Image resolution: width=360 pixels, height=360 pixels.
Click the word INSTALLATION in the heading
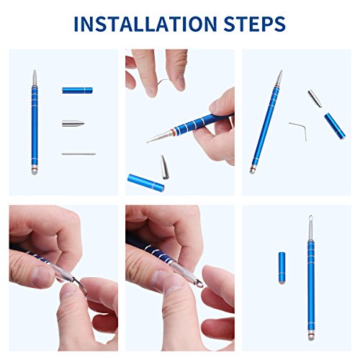(145, 24)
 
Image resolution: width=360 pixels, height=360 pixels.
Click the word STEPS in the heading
(255, 24)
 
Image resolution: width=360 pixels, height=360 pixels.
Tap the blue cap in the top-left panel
(77, 90)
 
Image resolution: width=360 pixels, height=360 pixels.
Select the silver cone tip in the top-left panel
(73, 123)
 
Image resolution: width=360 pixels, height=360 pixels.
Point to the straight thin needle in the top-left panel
(78, 154)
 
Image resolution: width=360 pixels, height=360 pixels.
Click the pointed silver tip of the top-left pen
(35, 71)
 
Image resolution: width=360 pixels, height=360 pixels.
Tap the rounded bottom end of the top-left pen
(35, 172)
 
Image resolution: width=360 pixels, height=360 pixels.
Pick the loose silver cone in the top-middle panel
(164, 167)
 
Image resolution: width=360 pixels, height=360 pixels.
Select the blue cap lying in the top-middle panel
(146, 183)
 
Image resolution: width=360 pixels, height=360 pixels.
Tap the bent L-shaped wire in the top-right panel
(299, 131)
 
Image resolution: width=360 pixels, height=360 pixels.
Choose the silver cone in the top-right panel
(315, 99)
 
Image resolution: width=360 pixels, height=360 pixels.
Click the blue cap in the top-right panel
(335, 126)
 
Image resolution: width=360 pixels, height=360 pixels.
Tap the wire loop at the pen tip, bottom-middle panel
(199, 284)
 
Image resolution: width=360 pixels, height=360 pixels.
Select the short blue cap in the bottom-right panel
(282, 268)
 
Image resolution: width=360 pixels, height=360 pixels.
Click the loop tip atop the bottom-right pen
(311, 218)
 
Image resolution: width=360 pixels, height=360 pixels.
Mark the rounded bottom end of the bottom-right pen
(311, 338)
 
